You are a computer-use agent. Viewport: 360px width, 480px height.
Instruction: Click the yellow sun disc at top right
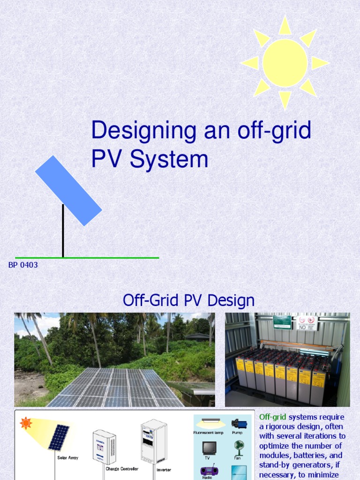coord(285,63)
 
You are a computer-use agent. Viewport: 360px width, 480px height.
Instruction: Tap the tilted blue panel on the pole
coord(68,190)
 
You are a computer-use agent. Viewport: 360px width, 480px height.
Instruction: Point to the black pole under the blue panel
coord(63,232)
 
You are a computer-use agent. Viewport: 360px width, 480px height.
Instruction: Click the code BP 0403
coord(23,265)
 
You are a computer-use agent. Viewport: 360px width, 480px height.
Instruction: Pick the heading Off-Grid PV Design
coord(188,300)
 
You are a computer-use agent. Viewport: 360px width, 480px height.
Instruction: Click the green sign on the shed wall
coord(282,321)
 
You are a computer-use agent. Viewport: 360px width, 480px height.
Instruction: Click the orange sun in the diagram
coord(26,423)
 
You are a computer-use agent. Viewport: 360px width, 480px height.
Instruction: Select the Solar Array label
coord(68,457)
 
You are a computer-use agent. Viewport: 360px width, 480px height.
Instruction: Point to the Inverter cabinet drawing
coord(154,442)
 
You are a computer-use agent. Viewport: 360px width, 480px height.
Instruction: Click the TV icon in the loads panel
coord(209,448)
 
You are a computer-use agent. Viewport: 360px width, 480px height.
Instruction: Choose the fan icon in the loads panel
coord(239,446)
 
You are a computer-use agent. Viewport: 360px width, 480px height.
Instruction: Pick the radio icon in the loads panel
coord(209,471)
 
